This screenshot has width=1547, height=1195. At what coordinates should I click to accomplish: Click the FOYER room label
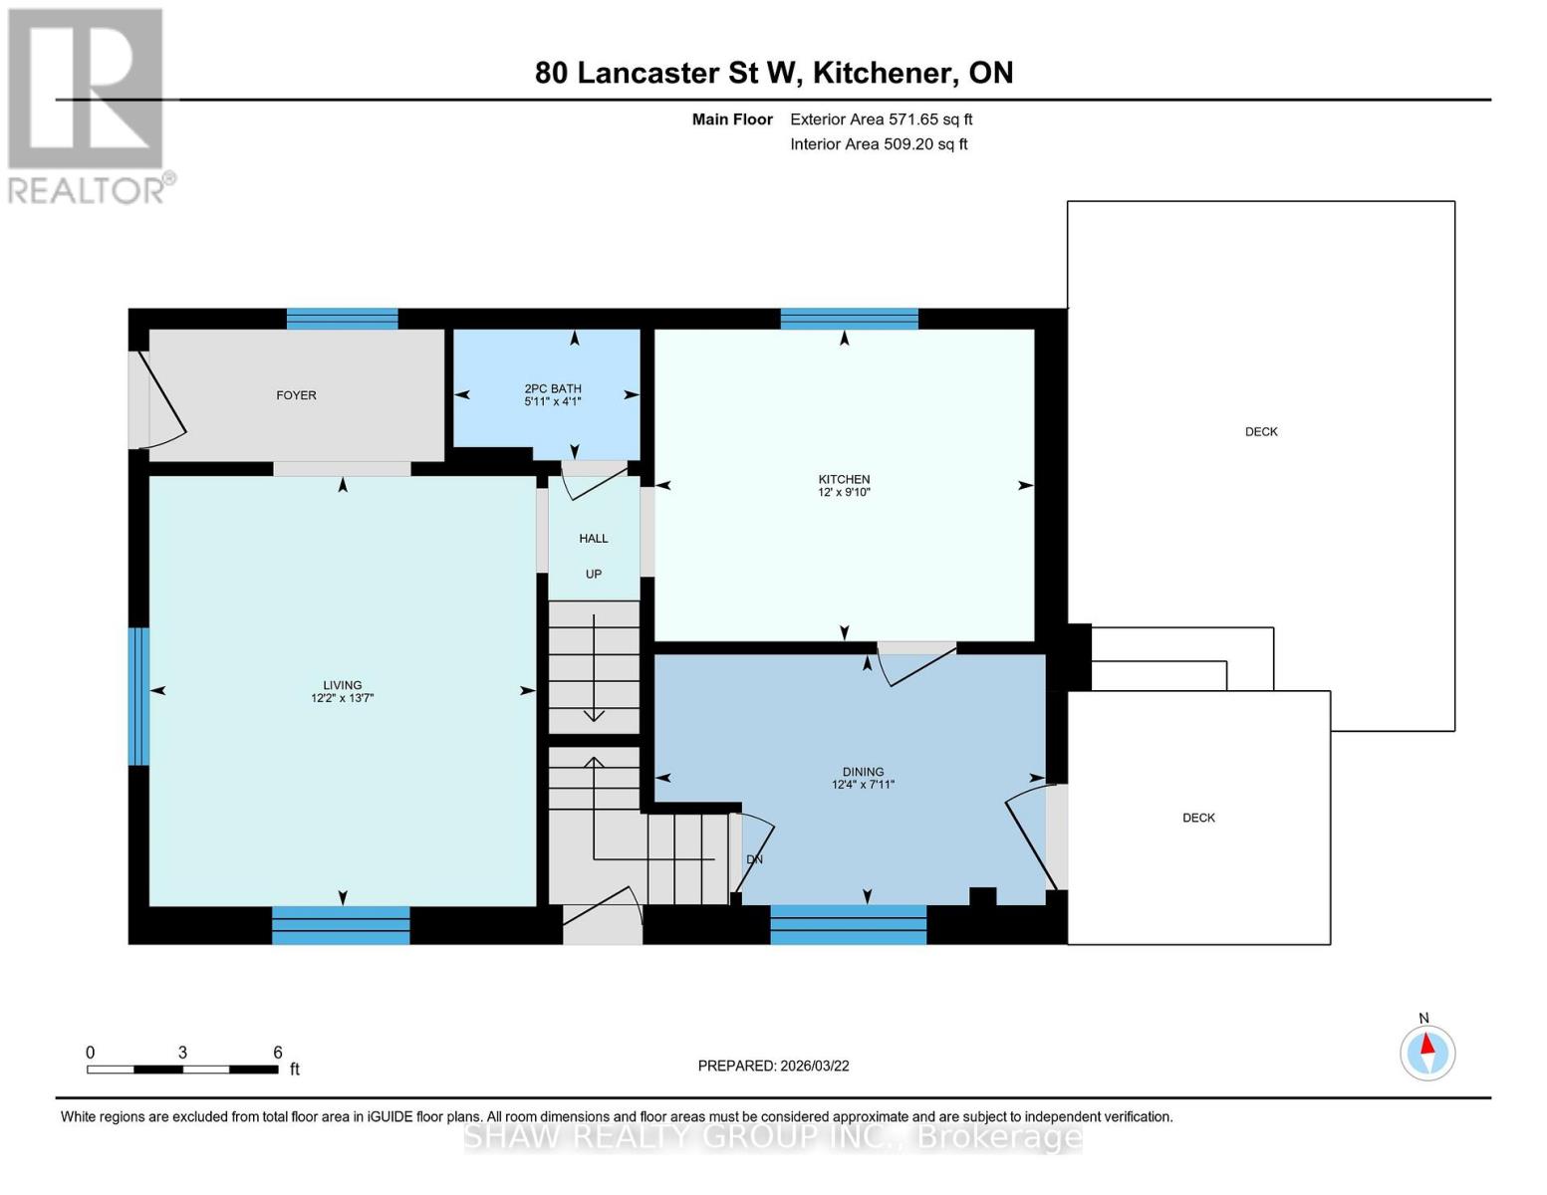coord(296,395)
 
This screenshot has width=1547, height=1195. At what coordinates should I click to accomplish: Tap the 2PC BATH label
coord(552,388)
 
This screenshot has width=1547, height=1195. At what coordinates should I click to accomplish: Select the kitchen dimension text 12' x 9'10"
coord(844,492)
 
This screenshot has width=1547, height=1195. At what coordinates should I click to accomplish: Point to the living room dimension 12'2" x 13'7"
coord(342,698)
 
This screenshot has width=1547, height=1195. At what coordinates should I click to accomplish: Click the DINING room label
coord(863,772)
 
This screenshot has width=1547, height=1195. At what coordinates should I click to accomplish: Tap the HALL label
coord(594,539)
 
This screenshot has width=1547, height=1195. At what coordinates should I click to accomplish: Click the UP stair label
coord(594,574)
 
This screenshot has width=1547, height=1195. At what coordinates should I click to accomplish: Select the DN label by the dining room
coord(754,858)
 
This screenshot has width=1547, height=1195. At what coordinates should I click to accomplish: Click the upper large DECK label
coord(1261,431)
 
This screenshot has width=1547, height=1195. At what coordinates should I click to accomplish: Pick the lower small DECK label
coord(1198,818)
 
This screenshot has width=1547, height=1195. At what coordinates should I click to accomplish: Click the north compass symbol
coord(1427,1052)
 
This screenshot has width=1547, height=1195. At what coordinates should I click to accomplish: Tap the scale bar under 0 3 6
coord(182,1070)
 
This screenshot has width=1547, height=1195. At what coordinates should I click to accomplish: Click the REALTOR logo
coord(88,106)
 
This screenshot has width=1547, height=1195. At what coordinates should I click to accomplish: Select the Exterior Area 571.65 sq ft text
coord(881,119)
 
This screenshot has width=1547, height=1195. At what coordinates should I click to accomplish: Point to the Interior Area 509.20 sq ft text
coord(879,144)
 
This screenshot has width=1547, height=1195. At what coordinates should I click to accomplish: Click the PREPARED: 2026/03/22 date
coord(773,1066)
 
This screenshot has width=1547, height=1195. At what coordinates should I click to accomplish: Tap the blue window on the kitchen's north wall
coord(849,319)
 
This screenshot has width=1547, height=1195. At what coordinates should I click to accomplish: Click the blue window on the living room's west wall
coord(139,696)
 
